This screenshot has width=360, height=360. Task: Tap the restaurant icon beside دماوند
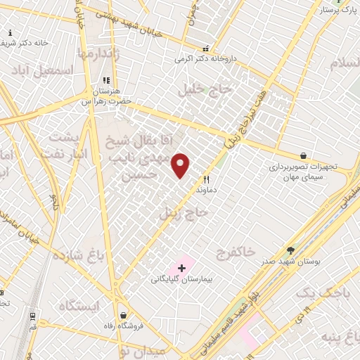[x=206, y=179]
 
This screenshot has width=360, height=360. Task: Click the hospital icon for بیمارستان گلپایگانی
[x=182, y=268]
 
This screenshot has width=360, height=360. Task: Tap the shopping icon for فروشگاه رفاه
[x=124, y=315]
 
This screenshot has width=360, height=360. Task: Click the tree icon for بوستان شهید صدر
[x=291, y=251]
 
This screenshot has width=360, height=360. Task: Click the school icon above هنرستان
[x=105, y=81]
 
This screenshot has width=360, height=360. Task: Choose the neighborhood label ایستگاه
[x=79, y=307]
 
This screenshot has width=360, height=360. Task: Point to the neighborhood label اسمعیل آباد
[x=42, y=71]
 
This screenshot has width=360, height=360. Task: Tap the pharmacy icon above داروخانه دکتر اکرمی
[x=205, y=49]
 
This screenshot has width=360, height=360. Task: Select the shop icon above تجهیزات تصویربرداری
[x=303, y=155]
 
